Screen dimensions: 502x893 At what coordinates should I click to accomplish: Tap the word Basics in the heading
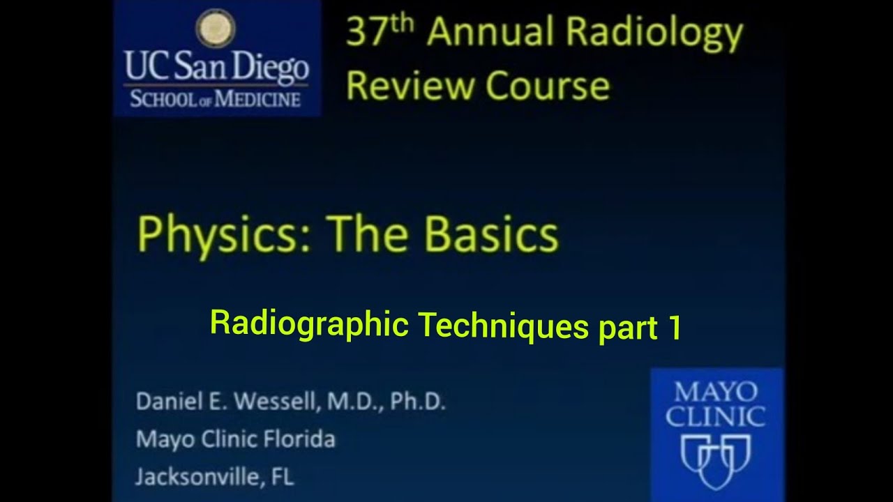pos(492,234)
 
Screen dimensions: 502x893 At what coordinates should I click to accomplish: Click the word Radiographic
pos(308,324)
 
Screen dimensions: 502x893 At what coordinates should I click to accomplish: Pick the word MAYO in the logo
pos(716,393)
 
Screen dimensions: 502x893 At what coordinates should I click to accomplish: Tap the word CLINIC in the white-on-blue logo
pos(716,417)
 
